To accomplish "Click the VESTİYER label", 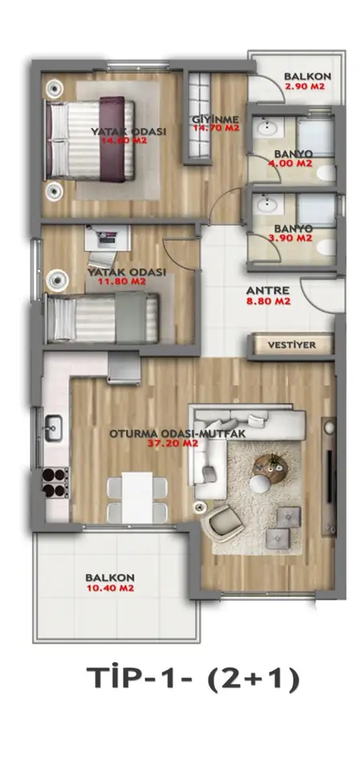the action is tap(291, 345).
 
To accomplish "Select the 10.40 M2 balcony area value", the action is tap(110, 588).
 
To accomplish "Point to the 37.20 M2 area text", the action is tap(173, 443).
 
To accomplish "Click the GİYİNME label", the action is tap(216, 120).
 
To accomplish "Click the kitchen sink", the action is tap(54, 428).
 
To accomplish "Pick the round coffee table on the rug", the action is tap(270, 468).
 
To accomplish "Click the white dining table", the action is tap(137, 497).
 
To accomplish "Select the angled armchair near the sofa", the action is tap(226, 523).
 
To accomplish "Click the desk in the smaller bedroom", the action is tap(107, 238).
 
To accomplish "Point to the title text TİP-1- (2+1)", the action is tap(194, 680).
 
